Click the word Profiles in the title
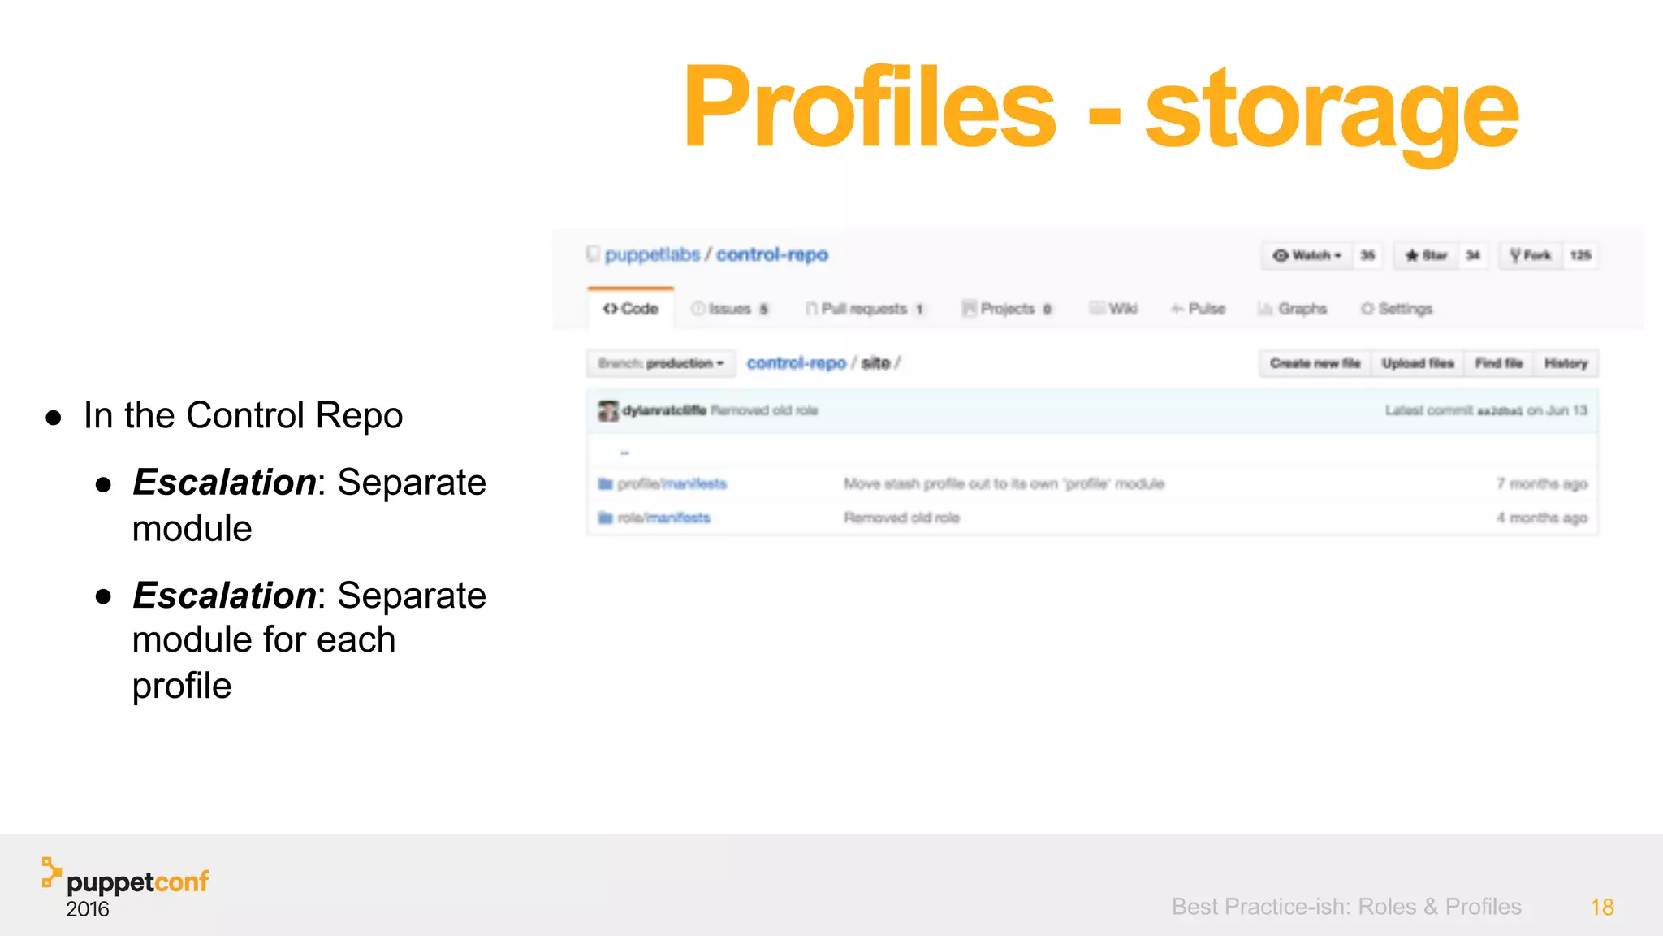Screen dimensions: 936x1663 tap(869, 107)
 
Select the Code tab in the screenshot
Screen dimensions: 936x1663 tap(631, 309)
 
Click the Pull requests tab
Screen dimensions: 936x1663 tap(864, 309)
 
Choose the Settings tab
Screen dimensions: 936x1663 tap(1397, 309)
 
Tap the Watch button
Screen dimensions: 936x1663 tap(1307, 255)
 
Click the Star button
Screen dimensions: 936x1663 tap(1427, 255)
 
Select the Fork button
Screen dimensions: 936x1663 tap(1531, 255)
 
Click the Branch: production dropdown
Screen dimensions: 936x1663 tap(660, 363)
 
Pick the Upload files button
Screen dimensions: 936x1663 tap(1418, 363)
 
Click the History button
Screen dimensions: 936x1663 tap(1566, 363)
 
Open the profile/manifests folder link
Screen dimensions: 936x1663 tap(672, 484)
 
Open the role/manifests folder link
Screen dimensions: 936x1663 tap(663, 518)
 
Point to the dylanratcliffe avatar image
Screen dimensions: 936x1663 tap(608, 411)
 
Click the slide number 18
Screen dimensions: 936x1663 tap(1601, 907)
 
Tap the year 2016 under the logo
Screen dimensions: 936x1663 tap(88, 909)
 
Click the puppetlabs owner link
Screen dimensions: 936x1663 tap(652, 255)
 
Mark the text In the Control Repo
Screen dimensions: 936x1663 tap(243, 415)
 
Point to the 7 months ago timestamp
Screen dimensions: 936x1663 tap(1541, 484)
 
